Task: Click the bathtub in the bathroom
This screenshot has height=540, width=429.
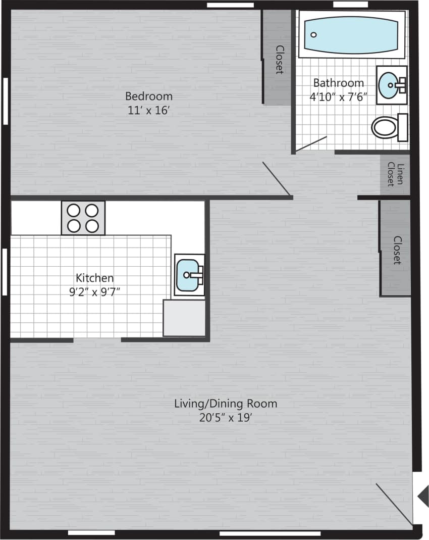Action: pyautogui.click(x=351, y=34)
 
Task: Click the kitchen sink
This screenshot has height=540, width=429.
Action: pyautogui.click(x=188, y=275)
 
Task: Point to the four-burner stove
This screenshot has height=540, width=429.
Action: pyautogui.click(x=83, y=218)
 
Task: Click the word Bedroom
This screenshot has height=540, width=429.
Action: pyautogui.click(x=149, y=96)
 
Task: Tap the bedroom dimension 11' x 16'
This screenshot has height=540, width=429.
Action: pyautogui.click(x=149, y=110)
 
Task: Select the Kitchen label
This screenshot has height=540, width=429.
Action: pyautogui.click(x=94, y=277)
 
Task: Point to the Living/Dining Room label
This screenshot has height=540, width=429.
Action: pyautogui.click(x=226, y=404)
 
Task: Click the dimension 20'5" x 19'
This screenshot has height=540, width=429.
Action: pyautogui.click(x=226, y=418)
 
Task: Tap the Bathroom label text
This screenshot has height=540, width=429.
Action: pyautogui.click(x=338, y=83)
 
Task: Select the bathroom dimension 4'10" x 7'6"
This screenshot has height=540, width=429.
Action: pyautogui.click(x=338, y=97)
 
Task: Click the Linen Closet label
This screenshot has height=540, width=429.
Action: pyautogui.click(x=394, y=174)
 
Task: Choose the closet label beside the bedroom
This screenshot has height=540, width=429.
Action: pyautogui.click(x=279, y=60)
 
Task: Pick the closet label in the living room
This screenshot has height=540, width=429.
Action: pyautogui.click(x=397, y=250)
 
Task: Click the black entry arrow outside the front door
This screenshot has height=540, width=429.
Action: pyautogui.click(x=423, y=496)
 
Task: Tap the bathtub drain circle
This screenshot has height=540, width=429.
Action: pyautogui.click(x=313, y=35)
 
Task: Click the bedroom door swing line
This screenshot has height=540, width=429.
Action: pyautogui.click(x=276, y=179)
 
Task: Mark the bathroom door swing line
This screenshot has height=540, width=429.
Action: pyautogui.click(x=311, y=143)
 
